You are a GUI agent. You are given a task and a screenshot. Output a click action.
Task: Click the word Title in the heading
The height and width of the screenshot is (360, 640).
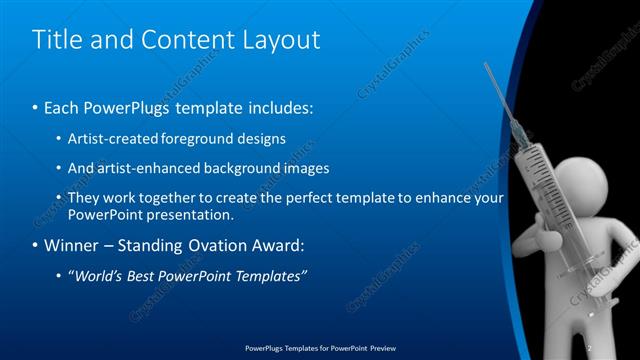click(58, 41)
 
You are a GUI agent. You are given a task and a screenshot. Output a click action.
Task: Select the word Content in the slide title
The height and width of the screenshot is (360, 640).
click(185, 41)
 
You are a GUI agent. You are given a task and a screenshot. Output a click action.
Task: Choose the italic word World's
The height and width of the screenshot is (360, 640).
click(97, 275)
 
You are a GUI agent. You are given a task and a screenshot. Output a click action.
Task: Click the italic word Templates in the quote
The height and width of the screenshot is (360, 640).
click(270, 275)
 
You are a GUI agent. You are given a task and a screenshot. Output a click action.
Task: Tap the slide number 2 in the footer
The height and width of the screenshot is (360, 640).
click(590, 349)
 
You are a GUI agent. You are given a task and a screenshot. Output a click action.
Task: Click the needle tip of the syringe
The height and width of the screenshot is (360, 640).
click(487, 66)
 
